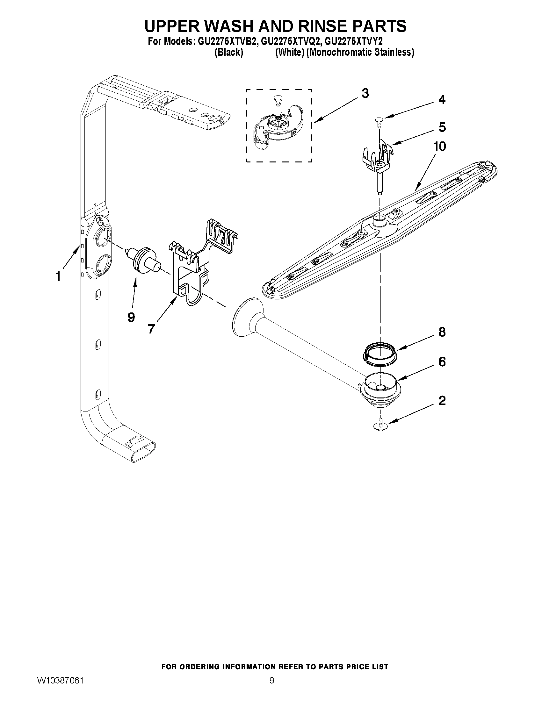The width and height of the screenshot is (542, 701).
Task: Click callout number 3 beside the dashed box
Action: (x=365, y=94)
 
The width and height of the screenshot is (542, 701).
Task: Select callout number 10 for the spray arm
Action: (x=440, y=147)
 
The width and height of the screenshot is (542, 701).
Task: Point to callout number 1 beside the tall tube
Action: (x=58, y=276)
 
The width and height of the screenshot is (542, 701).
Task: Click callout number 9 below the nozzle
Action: (x=131, y=317)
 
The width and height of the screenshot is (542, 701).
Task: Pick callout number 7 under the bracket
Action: (x=151, y=329)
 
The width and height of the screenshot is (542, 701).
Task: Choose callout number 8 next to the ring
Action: (x=442, y=332)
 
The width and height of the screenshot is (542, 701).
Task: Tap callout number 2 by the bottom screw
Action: (x=442, y=401)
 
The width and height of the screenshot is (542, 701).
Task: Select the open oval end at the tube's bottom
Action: (x=144, y=453)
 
